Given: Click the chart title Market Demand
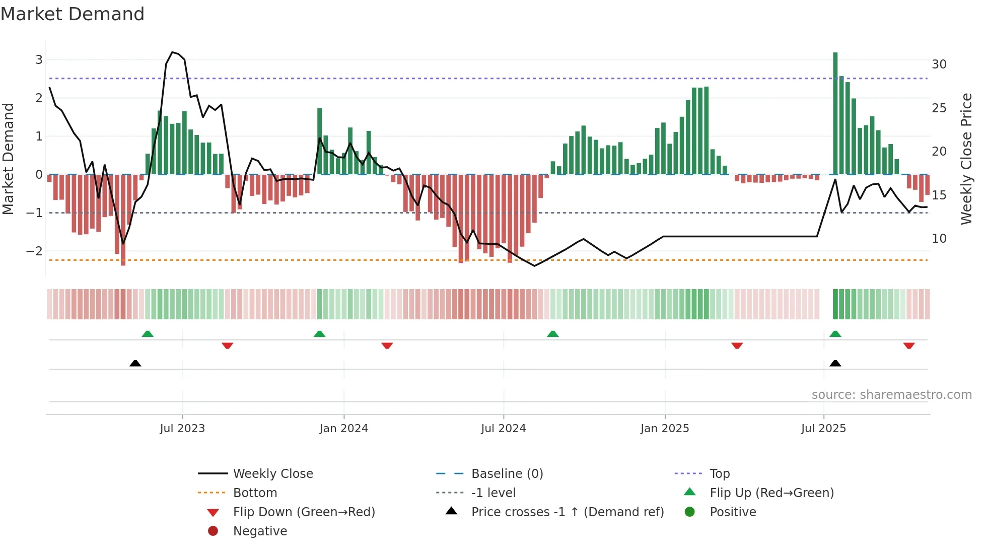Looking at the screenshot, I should coord(73,14).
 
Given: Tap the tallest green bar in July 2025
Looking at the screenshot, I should coord(835,113).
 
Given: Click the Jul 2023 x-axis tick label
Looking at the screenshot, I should coord(182,429).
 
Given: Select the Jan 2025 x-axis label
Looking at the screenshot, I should coord(665,429).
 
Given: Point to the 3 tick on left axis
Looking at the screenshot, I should coord(39,60).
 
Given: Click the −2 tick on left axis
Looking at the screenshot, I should coord(35,251).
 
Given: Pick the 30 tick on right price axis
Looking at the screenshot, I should coord(939,64).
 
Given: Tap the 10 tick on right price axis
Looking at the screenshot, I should coord(939,239).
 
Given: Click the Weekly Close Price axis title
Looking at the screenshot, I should coord(966,159).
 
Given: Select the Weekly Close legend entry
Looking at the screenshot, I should coord(272,473).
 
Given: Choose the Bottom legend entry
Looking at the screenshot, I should coord(255,493).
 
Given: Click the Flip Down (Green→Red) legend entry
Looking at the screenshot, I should coord(304,512).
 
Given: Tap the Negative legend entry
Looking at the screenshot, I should coord(260,531).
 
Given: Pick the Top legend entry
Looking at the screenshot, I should coord(720,473).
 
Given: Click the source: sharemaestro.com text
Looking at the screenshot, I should coord(891,394).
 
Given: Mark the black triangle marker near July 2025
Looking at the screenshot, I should coord(835,363).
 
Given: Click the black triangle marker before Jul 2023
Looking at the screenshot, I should coord(135,363).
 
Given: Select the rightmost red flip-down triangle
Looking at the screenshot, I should coord(908,345).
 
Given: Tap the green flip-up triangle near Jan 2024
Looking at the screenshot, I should coord(319,334).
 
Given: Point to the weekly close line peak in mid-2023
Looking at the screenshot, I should coord(172,52).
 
